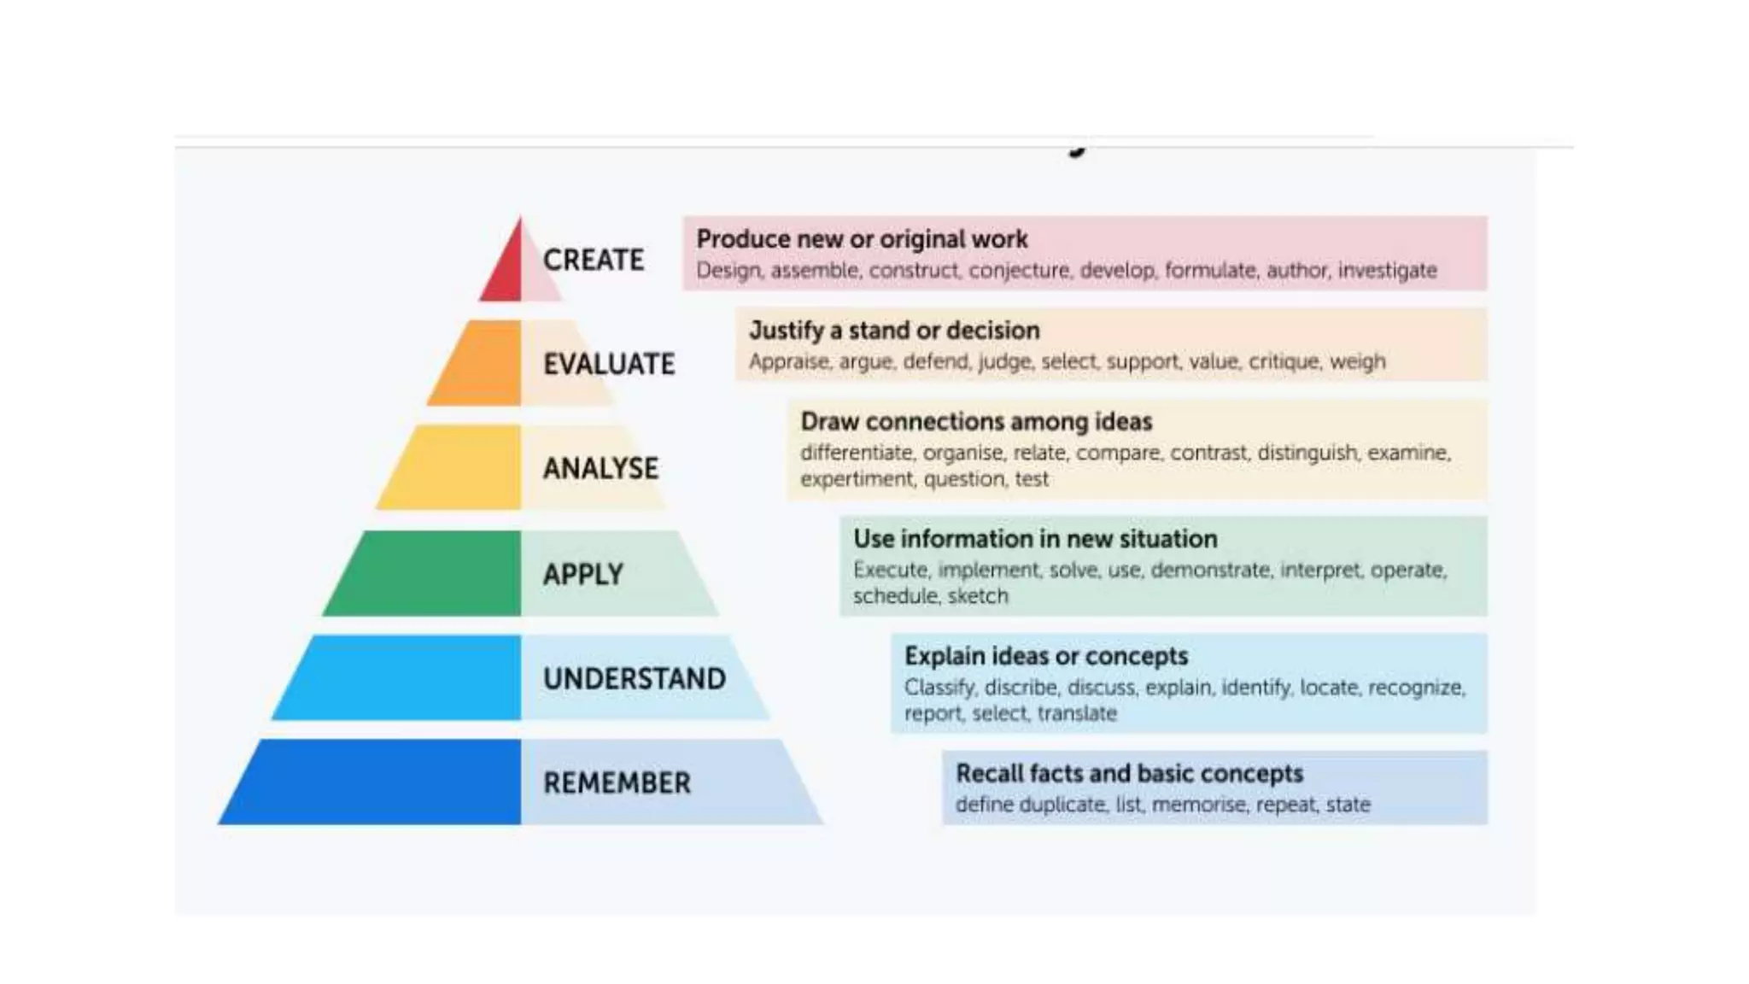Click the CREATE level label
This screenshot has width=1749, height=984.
pos(594,260)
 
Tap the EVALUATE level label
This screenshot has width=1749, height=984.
pos(609,364)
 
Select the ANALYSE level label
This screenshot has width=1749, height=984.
pos(601,468)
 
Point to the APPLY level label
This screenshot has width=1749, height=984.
pos(583,574)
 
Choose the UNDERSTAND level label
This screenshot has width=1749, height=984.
pos(635,678)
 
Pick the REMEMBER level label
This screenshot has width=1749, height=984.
pos(617,782)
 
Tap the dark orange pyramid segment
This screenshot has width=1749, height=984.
pos(480,364)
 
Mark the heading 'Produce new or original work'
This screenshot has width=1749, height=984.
pos(862,239)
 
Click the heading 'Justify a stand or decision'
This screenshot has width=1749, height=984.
pos(894,331)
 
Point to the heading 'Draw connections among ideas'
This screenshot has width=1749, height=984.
pos(976,422)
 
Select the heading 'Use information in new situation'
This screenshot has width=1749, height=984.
pos(1035,539)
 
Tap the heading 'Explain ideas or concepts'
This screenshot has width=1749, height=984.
pos(1046,656)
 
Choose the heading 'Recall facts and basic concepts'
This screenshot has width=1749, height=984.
pos(1129,773)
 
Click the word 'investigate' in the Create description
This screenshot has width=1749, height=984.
pos(1387,271)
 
